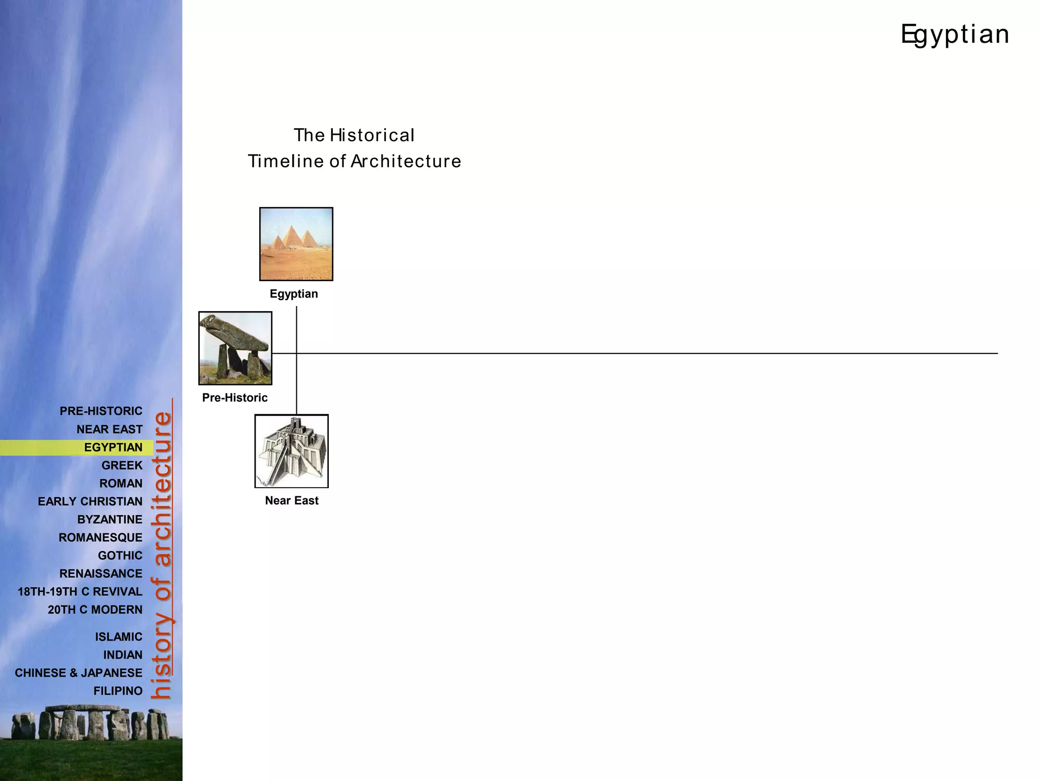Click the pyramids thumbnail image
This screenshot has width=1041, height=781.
296,244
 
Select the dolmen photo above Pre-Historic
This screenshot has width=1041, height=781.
235,348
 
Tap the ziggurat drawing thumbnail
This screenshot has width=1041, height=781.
291,451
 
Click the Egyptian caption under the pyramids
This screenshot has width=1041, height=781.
294,294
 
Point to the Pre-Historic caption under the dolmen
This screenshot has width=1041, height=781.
235,398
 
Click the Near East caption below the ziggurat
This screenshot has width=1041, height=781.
292,500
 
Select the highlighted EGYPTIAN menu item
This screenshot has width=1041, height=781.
113,447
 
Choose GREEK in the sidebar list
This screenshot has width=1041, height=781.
122,465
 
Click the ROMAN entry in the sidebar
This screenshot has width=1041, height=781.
121,484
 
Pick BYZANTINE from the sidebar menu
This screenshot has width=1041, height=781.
110,520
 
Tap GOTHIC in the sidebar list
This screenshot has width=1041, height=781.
120,556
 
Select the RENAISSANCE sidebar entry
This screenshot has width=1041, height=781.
101,574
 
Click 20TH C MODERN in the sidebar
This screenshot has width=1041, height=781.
95,610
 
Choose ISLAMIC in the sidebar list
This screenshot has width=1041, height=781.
118,637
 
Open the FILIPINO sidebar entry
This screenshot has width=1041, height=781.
118,691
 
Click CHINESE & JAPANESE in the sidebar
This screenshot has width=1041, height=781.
78,673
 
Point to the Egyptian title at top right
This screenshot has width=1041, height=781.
955,35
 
